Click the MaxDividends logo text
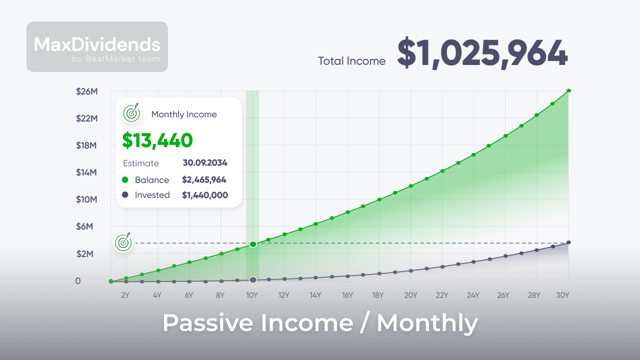(97, 44)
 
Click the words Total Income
(351, 61)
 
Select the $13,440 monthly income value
(157, 140)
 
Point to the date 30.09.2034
(205, 163)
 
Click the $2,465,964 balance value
(204, 179)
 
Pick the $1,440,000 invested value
(204, 195)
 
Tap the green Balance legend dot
(125, 179)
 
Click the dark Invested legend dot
(125, 194)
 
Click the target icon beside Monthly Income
(131, 113)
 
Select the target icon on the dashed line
(123, 242)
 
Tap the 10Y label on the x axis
(252, 295)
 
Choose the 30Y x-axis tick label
(562, 295)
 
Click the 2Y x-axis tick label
(125, 295)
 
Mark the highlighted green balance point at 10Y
(253, 244)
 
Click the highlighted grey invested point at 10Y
(253, 279)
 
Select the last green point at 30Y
(569, 90)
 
